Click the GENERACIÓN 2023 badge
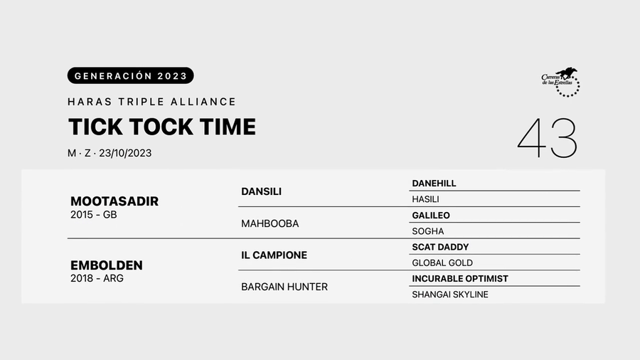[130, 75]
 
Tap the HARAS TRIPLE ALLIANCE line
[151, 102]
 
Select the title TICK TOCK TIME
[161, 127]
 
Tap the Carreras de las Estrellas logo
[561, 82]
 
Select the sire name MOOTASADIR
[114, 201]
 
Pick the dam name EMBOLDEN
[107, 265]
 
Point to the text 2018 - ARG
[97, 279]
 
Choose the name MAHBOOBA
[270, 223]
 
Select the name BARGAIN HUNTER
[284, 287]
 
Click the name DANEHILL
[434, 184]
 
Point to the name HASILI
[425, 199]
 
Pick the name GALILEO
[431, 216]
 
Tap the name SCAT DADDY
[440, 247]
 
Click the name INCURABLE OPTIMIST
[460, 279]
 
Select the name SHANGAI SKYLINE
[450, 295]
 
